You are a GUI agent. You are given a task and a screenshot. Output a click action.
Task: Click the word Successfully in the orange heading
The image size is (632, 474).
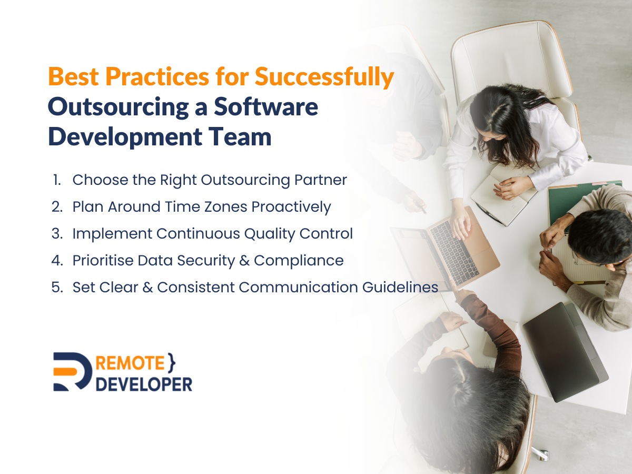[324, 77]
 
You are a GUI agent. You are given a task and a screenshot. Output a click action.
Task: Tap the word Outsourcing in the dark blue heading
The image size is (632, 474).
[118, 107]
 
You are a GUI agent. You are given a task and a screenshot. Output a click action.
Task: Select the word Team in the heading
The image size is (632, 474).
[240, 136]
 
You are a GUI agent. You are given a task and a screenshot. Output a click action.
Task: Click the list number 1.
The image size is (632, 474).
[57, 180]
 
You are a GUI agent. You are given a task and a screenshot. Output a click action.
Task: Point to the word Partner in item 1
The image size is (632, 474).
[320, 180]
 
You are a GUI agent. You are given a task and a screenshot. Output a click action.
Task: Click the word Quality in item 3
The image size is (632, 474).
[270, 234]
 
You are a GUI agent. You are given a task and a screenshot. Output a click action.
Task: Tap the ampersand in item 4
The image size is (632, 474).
[244, 261]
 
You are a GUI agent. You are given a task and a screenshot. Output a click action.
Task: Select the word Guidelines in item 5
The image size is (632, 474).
[400, 287]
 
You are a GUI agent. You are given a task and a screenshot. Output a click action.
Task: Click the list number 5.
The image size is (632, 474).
[57, 287]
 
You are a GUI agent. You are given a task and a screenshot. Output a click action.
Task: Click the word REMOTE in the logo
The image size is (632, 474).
[130, 363]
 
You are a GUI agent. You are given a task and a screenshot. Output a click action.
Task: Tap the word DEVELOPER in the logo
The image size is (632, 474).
[144, 384]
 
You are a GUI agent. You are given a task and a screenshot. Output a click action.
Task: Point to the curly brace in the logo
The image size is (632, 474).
[171, 363]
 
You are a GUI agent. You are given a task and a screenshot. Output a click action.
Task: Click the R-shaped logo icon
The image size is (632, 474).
[73, 371]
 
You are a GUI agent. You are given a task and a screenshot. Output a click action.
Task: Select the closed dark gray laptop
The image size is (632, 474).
[565, 352]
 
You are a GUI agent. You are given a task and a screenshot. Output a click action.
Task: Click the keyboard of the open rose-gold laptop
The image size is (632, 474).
[455, 252]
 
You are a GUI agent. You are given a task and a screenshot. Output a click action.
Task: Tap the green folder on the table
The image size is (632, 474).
[579, 202]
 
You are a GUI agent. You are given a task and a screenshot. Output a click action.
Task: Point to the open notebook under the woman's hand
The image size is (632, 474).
[505, 196]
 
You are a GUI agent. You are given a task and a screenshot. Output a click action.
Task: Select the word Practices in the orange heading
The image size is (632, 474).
[157, 77]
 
